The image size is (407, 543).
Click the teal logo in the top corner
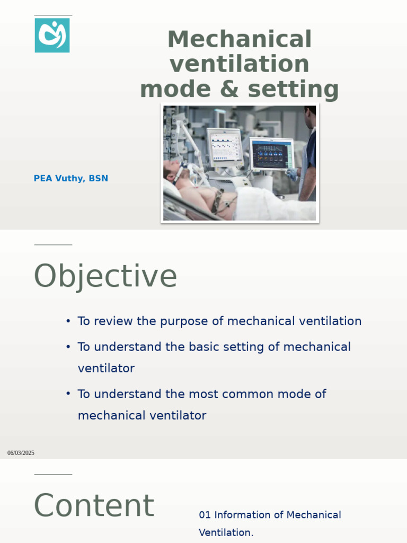[52, 35]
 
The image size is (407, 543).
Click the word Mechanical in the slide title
[240, 40]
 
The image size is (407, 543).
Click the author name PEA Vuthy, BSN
[70, 179]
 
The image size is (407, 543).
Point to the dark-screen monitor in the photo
[270, 154]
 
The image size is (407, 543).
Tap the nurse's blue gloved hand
[292, 174]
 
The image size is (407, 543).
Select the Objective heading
[105, 276]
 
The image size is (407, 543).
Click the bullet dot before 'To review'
[68, 321]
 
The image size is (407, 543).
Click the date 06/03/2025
[21, 453]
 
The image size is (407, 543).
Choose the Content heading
[94, 506]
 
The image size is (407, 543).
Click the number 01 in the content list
[205, 515]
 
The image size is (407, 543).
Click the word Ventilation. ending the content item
[226, 532]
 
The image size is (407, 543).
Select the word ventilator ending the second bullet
[106, 368]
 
